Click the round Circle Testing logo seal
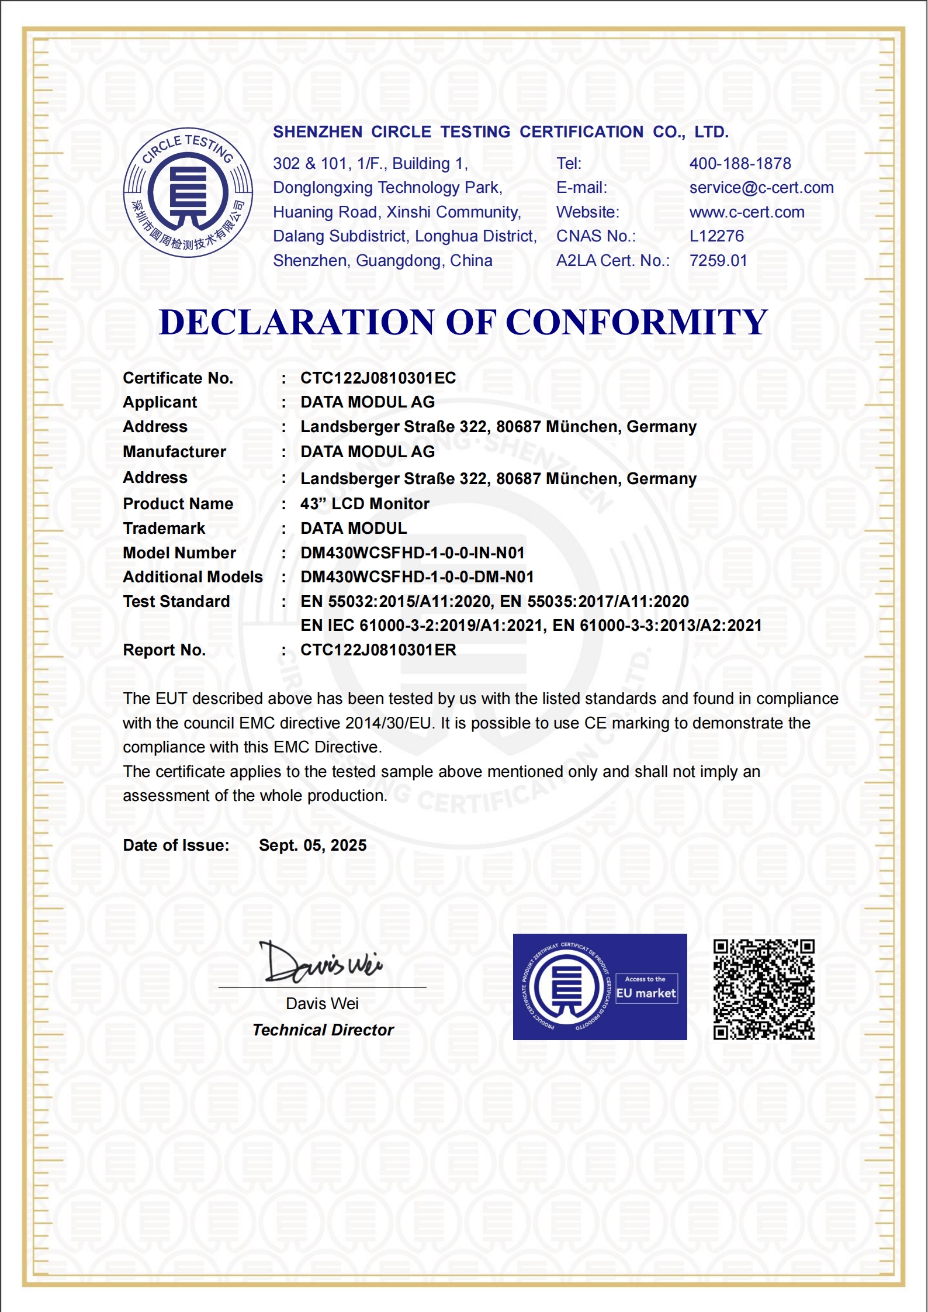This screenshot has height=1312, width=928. [x=188, y=192]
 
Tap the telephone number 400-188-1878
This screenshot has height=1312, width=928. [x=740, y=164]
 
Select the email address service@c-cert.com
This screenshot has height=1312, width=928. [x=761, y=188]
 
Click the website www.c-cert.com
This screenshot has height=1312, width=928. [x=747, y=212]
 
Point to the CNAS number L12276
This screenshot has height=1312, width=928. [x=716, y=236]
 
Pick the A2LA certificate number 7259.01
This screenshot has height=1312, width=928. [x=718, y=261]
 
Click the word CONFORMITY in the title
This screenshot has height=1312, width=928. [x=636, y=322]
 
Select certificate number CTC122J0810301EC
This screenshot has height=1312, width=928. [x=378, y=378]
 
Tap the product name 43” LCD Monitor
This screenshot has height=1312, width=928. [x=365, y=504]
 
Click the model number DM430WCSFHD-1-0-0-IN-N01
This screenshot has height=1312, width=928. [x=412, y=553]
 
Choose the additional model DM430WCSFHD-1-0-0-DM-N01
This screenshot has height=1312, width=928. [x=417, y=577]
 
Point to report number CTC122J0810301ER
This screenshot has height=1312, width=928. [x=378, y=650]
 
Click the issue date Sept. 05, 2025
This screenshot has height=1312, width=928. [x=313, y=845]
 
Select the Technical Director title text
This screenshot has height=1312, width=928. [x=323, y=1030]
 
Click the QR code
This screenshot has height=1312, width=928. [x=764, y=989]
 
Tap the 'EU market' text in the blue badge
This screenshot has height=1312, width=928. [x=646, y=993]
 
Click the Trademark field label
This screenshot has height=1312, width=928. [x=164, y=529]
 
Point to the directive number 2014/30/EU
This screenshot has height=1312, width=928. [x=389, y=723]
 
